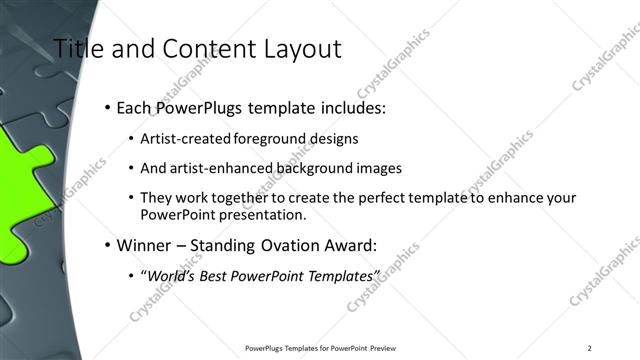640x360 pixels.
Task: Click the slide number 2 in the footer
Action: (x=590, y=348)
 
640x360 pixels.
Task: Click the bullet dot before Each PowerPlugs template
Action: (x=107, y=107)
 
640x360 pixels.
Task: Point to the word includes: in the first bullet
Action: (x=354, y=107)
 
